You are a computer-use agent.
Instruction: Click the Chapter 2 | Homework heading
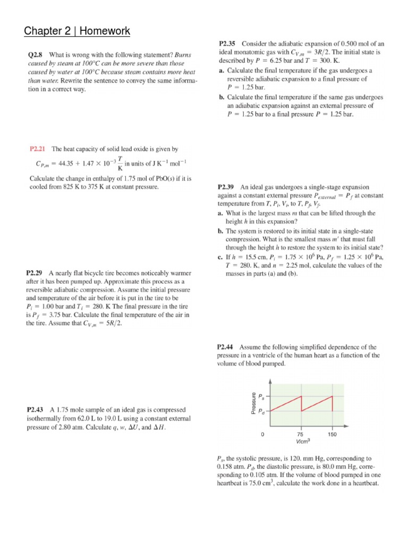[x=77, y=31]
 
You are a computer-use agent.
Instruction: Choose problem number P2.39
[x=228, y=187]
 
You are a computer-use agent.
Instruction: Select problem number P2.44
[x=228, y=346]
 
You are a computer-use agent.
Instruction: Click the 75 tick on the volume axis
[x=301, y=434]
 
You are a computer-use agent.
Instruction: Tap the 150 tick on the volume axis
[x=333, y=434]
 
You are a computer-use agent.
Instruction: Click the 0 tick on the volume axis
[x=262, y=434]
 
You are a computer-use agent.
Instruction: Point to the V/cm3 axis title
[x=303, y=441]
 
